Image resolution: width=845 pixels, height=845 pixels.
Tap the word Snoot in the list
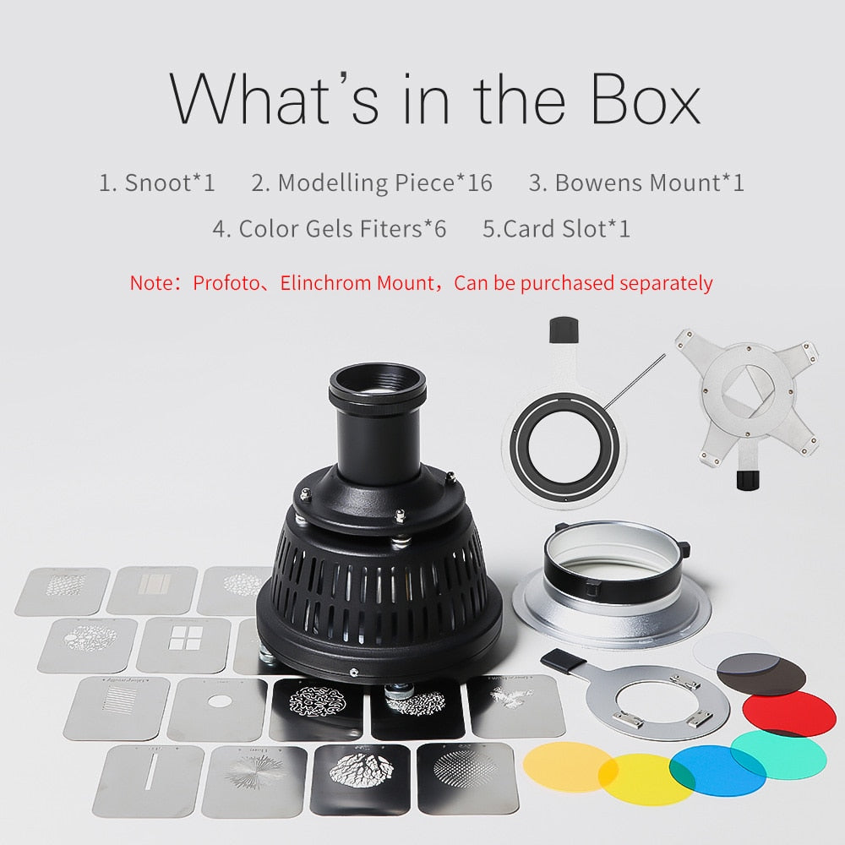(x=158, y=183)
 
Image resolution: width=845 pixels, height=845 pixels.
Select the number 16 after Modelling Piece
(x=480, y=183)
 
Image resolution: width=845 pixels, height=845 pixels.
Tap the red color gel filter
(x=788, y=714)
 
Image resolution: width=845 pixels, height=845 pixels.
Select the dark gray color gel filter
(x=761, y=673)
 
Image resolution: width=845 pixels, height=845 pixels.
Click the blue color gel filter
(x=717, y=770)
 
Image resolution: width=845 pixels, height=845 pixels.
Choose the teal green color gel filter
(x=780, y=755)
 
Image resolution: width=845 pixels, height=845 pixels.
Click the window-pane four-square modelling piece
(x=184, y=645)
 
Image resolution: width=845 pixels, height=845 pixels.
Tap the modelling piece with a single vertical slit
(x=149, y=780)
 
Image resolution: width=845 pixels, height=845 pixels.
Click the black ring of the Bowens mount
(x=616, y=574)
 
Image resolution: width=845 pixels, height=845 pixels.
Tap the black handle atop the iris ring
(x=564, y=330)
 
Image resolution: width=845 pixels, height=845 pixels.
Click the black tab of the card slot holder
(x=563, y=662)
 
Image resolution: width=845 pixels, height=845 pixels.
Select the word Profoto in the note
(x=226, y=282)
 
